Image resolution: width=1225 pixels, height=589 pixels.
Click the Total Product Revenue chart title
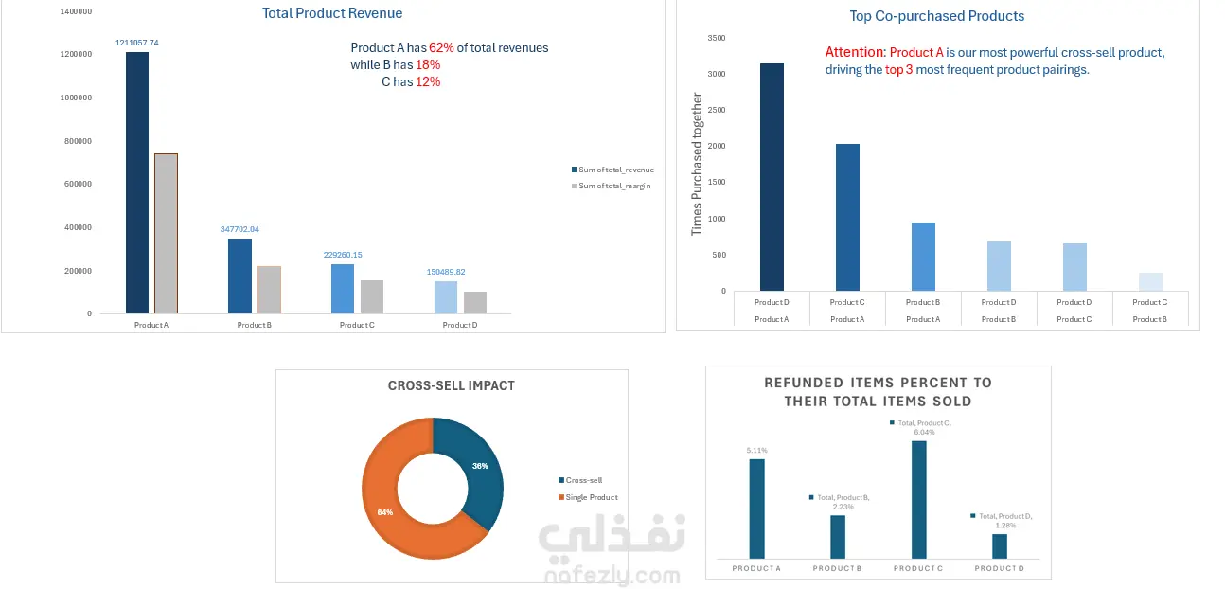click(x=332, y=13)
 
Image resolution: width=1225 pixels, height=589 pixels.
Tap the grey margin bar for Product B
click(x=269, y=289)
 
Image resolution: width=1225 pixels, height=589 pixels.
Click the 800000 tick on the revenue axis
click(x=76, y=141)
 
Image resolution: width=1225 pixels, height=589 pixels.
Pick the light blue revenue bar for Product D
click(x=446, y=296)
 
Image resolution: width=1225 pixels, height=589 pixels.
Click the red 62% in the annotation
click(x=441, y=47)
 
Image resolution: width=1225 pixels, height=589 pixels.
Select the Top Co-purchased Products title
click(x=936, y=16)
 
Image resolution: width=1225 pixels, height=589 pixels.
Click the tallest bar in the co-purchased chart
click(x=772, y=177)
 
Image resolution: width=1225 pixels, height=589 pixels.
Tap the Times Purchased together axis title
click(x=697, y=164)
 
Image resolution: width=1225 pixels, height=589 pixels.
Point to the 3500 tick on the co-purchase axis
click(x=717, y=38)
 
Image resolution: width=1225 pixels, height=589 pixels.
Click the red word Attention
click(x=855, y=52)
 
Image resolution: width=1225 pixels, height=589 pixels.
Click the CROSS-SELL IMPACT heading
click(x=451, y=385)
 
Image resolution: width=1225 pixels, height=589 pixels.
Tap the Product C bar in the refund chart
click(x=918, y=499)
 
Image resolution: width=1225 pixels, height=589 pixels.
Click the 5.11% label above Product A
click(x=756, y=450)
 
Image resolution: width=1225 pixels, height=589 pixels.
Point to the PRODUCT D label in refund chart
click(x=999, y=568)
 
